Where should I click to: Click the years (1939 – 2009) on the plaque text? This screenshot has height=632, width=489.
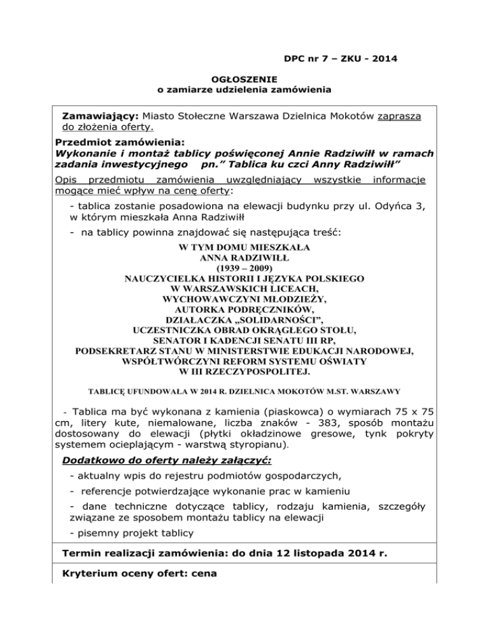tap(244, 268)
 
